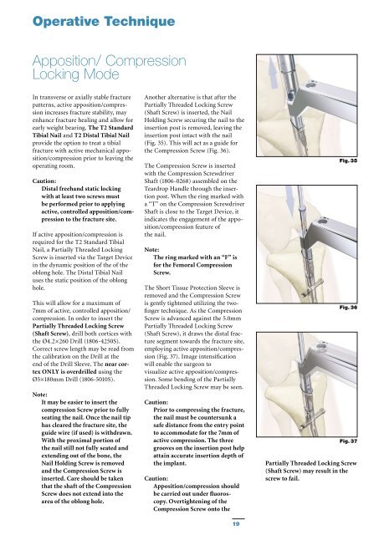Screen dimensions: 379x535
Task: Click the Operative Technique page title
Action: point(104,21)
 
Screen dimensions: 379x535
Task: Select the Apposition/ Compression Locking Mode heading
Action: point(110,68)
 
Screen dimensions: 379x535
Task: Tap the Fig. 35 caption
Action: point(348,160)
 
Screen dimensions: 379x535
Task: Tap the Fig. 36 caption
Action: point(348,308)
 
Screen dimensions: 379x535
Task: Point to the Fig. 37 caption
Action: point(348,441)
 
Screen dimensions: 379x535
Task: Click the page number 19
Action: point(236,524)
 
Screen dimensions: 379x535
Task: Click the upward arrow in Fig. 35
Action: point(273,73)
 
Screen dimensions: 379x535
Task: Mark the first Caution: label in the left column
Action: point(44,181)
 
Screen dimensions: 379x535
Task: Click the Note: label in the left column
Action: point(40,395)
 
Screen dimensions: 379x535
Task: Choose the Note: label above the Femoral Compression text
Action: point(152,250)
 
